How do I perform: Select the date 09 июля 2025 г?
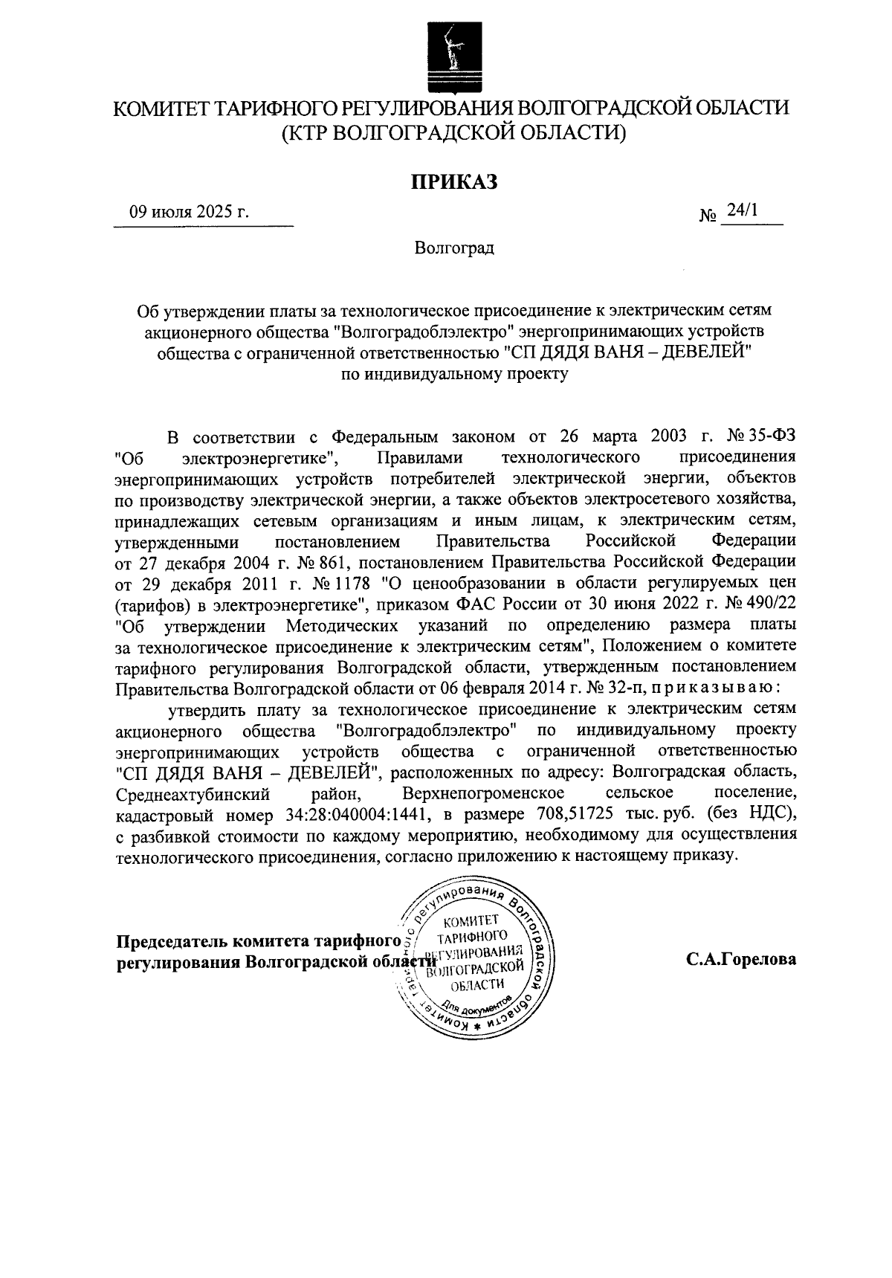[189, 213]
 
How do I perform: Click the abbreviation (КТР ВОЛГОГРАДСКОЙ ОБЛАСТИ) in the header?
[453, 133]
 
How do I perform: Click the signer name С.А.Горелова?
[741, 959]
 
